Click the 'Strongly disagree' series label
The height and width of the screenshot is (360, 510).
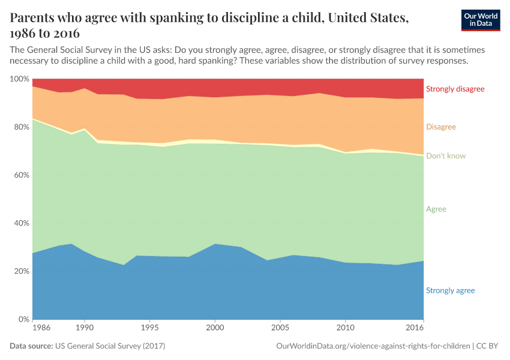pos(454,89)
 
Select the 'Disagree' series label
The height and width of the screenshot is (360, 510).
pos(440,127)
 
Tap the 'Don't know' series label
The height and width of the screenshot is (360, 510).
pos(445,156)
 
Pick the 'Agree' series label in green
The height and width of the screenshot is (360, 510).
pos(436,209)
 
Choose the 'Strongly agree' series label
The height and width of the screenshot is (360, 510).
pos(450,291)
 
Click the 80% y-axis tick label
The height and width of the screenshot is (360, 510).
pos(21,127)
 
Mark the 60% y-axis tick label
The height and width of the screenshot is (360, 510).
pos(21,175)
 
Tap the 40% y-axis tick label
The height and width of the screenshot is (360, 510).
pos(21,223)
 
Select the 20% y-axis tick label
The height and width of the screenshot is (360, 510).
pos(21,271)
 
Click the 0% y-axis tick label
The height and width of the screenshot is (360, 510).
pos(23,319)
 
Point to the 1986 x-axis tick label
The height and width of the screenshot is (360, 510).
pos(41,329)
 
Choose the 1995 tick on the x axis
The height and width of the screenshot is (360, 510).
pos(150,329)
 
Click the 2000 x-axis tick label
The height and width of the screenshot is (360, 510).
pos(215,329)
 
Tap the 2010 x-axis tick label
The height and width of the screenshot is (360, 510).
pos(345,329)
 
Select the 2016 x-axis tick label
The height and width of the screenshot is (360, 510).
pos(415,329)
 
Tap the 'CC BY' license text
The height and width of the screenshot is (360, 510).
pos(488,346)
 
